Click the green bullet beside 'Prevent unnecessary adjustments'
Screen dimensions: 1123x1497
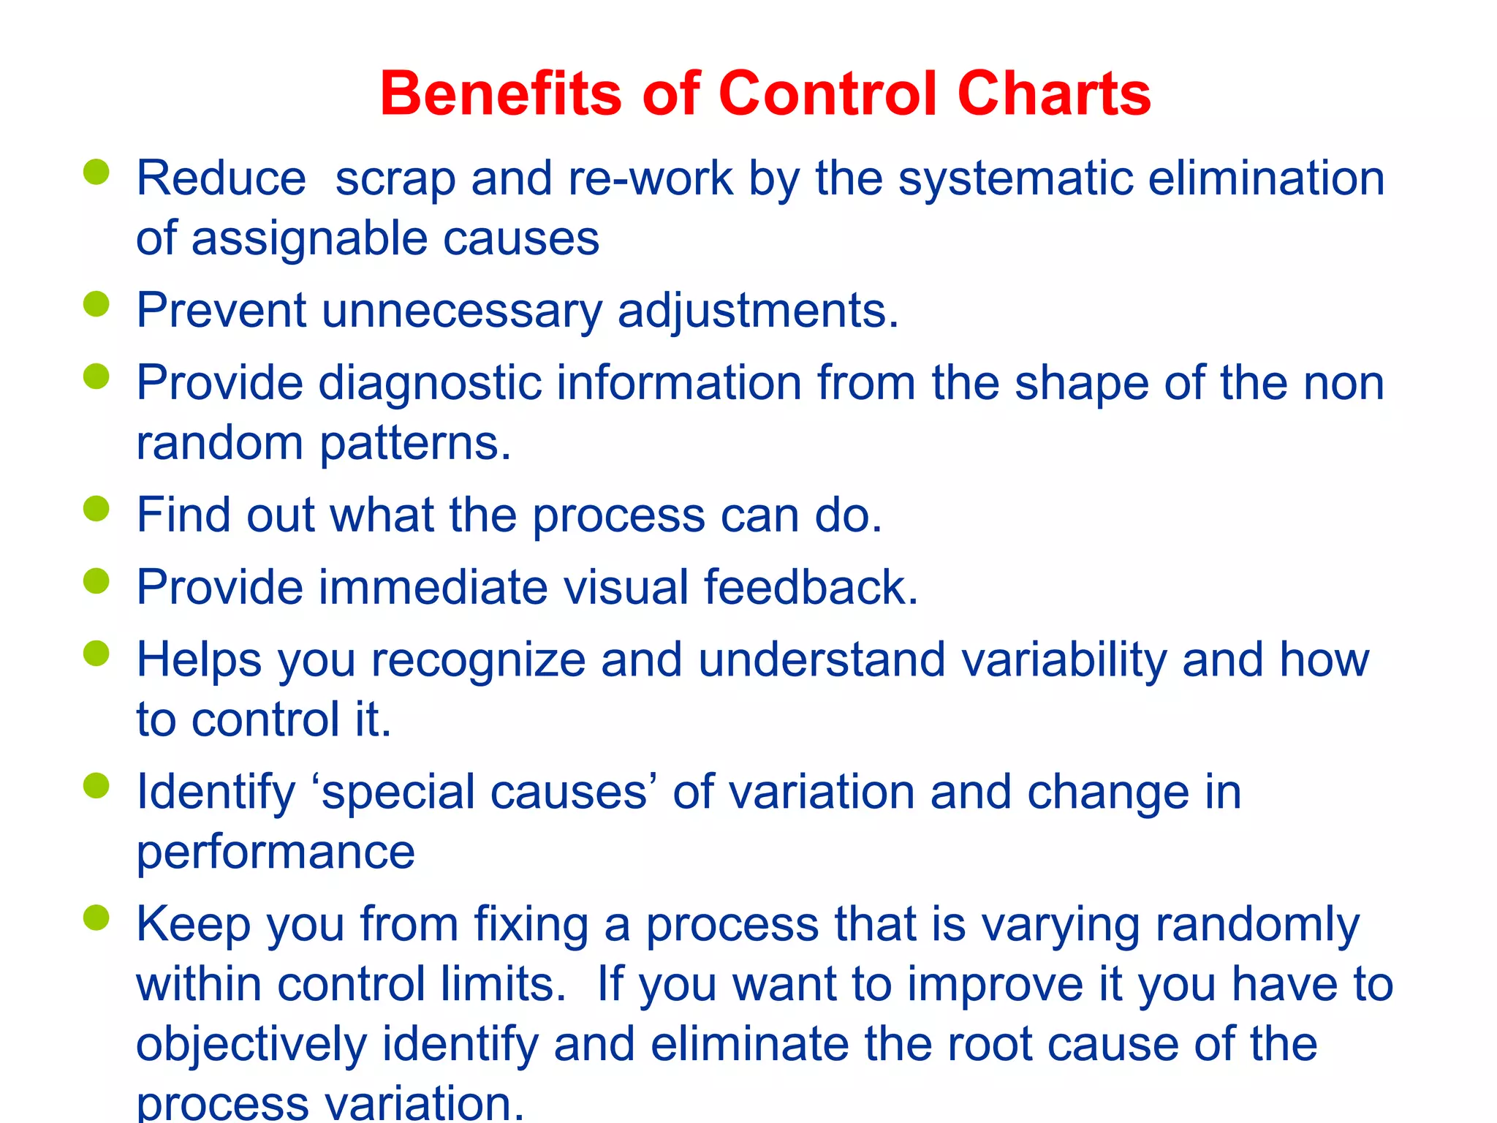[96, 303]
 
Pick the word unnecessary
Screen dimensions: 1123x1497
[462, 311]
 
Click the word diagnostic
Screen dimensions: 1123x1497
[430, 383]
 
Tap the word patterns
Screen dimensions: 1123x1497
[415, 445]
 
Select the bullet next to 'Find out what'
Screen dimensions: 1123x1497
[96, 508]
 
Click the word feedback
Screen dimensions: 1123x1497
[810, 588]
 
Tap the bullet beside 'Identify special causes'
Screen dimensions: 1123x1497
[96, 786]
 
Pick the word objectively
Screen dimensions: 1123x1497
[251, 1046]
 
